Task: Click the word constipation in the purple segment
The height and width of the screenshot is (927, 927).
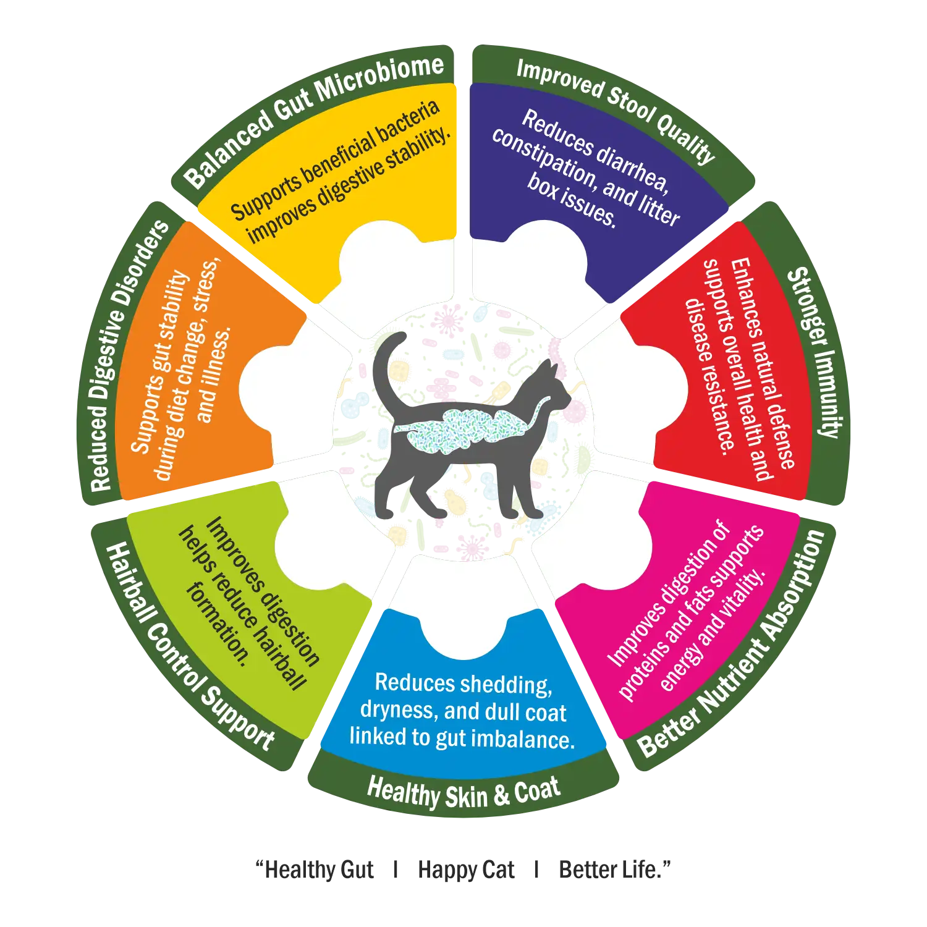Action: point(544,158)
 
